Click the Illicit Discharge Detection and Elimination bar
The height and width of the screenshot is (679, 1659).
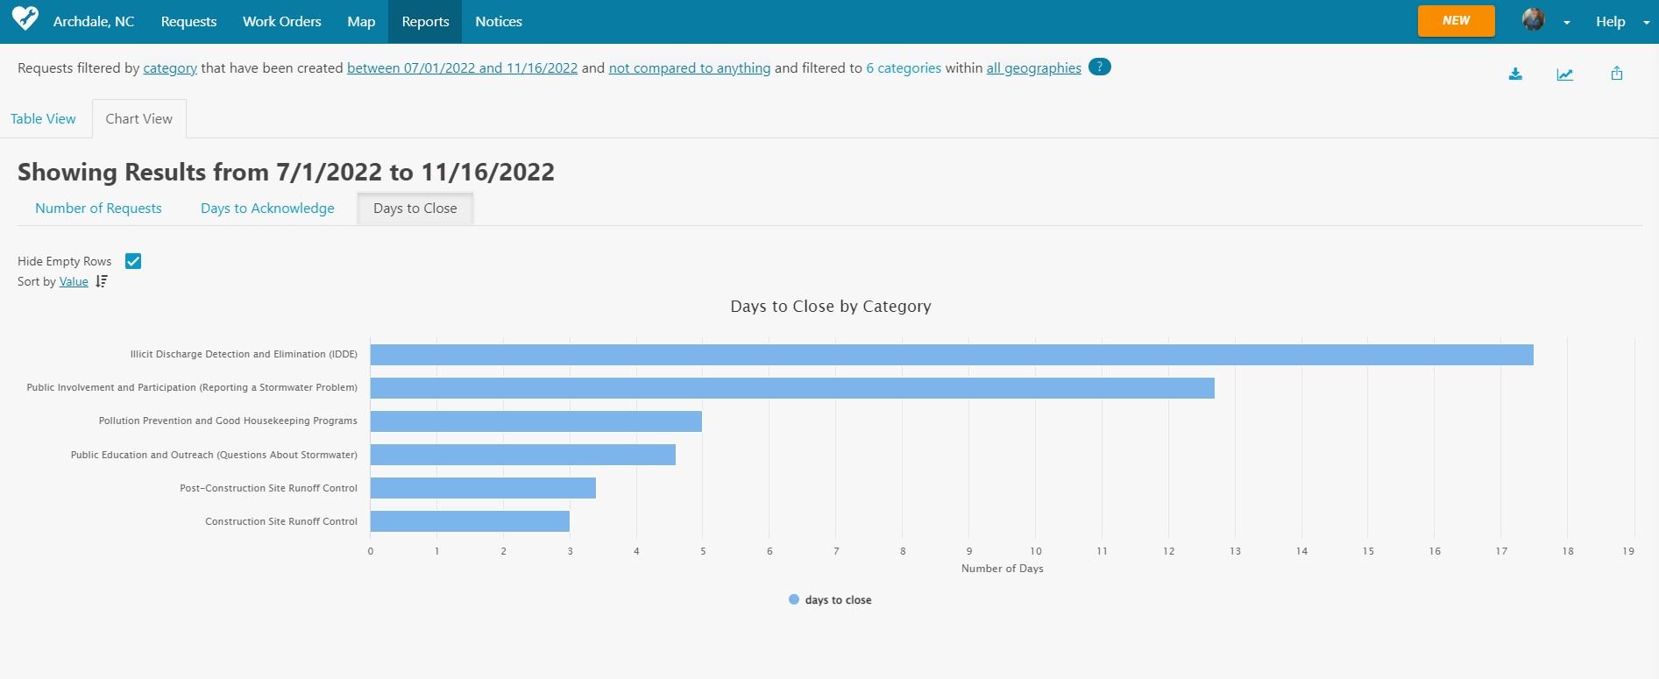point(951,355)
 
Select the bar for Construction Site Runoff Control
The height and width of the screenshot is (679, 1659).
point(470,521)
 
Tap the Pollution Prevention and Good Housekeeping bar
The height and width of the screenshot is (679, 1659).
point(535,421)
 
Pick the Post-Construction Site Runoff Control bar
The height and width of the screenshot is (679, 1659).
point(483,488)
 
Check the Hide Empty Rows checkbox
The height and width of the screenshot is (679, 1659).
point(133,261)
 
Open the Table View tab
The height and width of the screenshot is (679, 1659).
point(43,119)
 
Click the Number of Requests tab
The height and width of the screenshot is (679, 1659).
point(98,209)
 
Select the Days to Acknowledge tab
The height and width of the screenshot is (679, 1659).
point(267,209)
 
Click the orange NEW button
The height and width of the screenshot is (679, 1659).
point(1456,21)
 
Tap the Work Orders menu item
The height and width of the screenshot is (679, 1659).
point(281,22)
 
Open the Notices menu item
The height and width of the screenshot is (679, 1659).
point(499,22)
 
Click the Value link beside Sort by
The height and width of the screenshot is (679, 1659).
point(74,282)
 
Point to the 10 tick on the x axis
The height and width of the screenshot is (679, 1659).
point(1036,551)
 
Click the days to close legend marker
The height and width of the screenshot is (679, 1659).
point(794,600)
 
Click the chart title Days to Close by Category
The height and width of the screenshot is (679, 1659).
point(830,307)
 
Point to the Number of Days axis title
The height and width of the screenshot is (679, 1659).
point(1002,569)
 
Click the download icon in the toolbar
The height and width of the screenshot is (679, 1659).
point(1515,74)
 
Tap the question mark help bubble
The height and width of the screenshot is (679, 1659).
point(1099,67)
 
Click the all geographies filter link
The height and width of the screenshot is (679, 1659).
point(1033,68)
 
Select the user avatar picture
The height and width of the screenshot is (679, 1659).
point(1533,20)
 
